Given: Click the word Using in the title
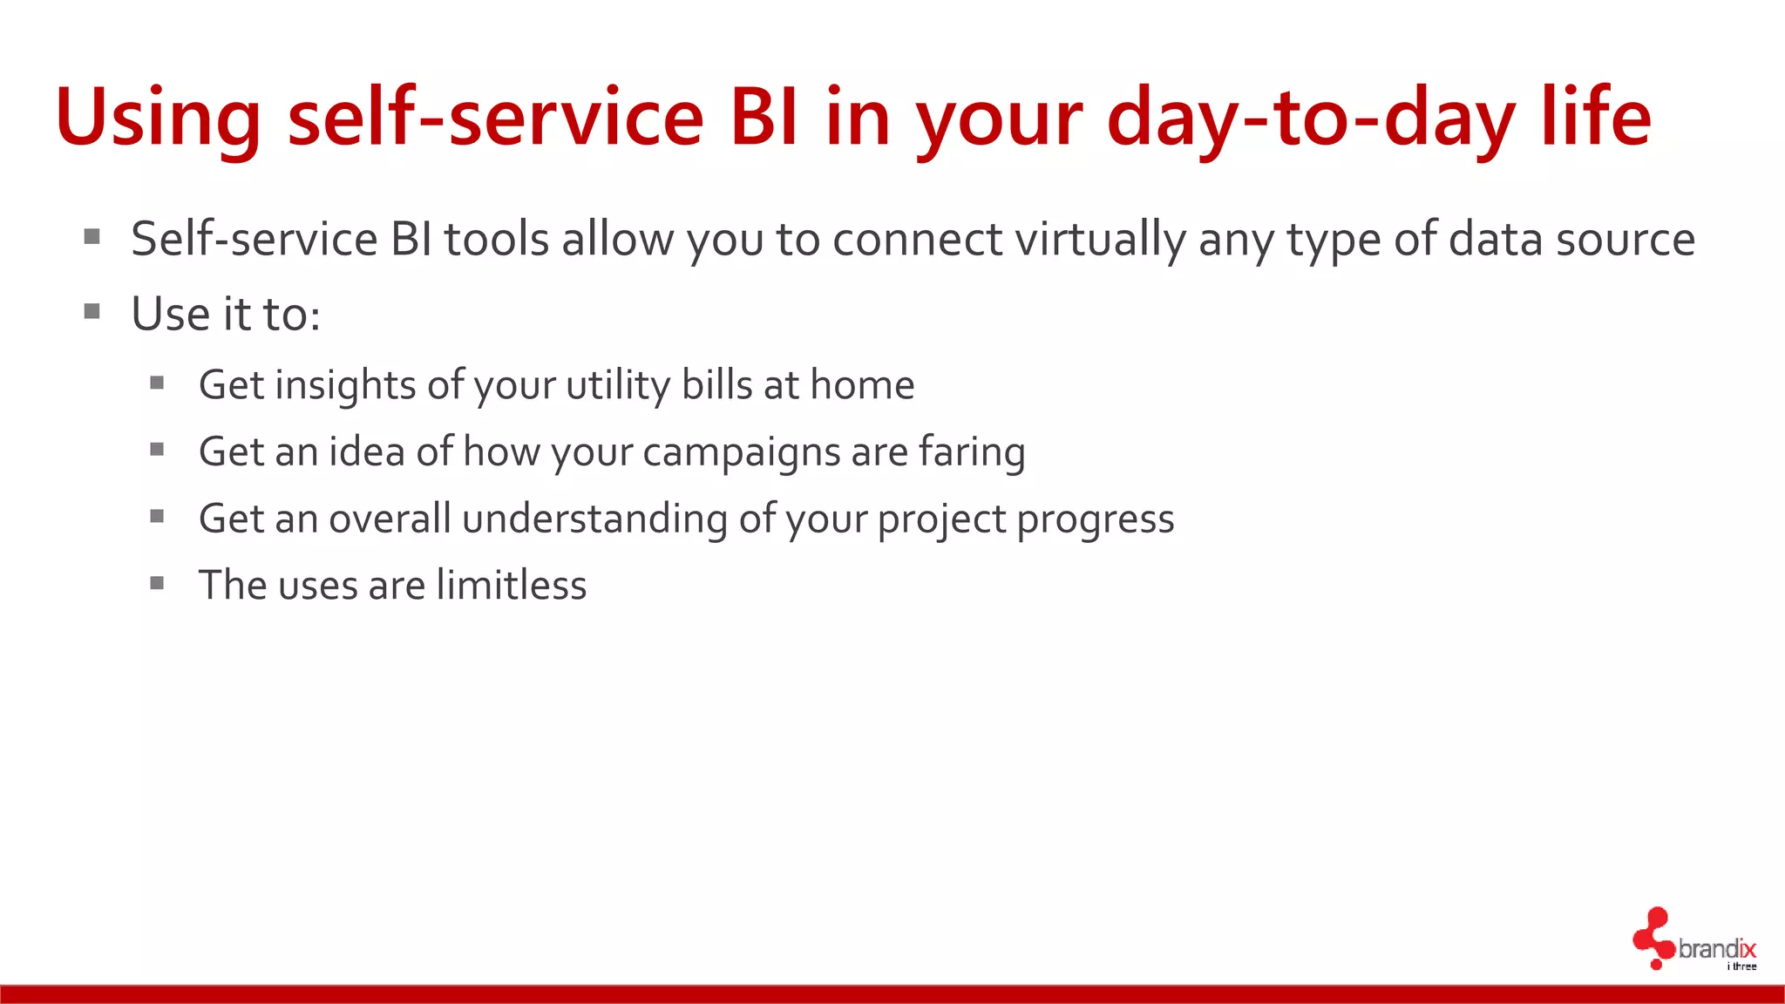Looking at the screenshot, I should coord(157,118).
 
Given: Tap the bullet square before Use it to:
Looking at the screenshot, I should coord(92,311).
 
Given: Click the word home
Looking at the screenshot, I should coord(862,385).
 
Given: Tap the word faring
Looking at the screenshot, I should coord(972,452).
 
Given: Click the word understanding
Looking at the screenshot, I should coord(594,519).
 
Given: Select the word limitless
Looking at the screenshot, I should coord(512,585).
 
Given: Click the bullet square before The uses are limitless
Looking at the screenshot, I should coord(157,583).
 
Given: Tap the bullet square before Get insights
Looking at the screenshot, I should coord(157,383).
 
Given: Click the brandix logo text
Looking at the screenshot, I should coord(1716,948).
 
